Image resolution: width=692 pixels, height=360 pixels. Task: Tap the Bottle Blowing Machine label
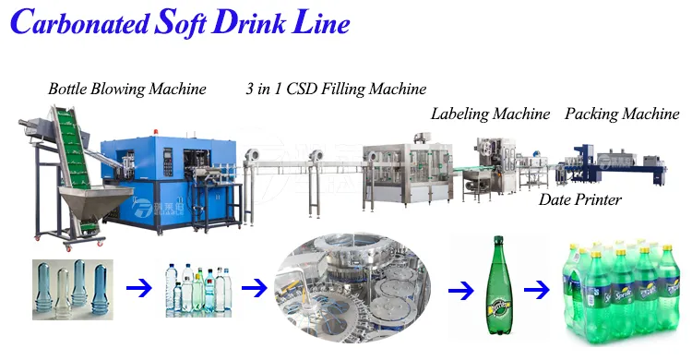[x=127, y=90]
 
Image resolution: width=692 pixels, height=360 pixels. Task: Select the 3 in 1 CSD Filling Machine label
[x=336, y=90]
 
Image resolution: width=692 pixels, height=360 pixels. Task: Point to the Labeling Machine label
[x=490, y=114]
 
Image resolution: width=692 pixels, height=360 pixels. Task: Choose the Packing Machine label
[x=622, y=114]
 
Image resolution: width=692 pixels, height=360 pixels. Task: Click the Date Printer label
[x=580, y=199]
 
